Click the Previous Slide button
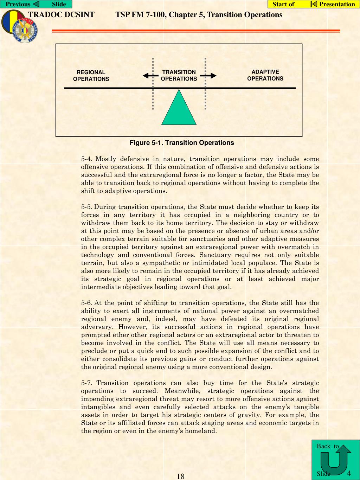click(36, 4)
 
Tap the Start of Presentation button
click(314, 4)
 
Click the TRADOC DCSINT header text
click(61, 15)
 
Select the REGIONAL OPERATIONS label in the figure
click(91, 76)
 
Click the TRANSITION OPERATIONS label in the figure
click(179, 76)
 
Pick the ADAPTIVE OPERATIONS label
click(265, 75)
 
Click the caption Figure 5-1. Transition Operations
click(182, 143)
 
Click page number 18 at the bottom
click(181, 476)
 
